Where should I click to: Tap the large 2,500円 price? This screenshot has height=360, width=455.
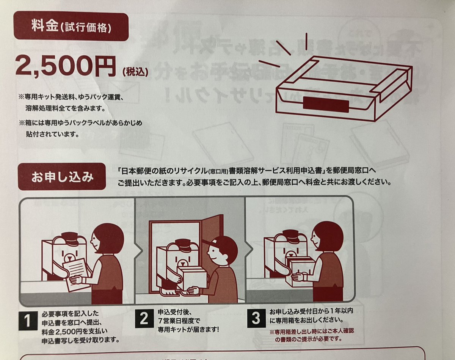65,66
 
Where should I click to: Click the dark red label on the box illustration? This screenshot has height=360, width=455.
326,103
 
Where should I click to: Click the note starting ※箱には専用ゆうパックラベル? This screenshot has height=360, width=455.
79,129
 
